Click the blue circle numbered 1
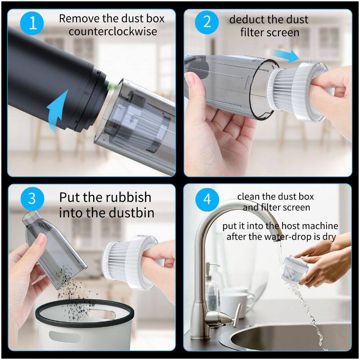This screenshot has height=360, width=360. (x=32, y=23)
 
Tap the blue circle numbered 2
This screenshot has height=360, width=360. (x=207, y=22)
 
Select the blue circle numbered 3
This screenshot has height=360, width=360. (x=32, y=198)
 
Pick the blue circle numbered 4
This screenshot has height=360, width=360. (x=207, y=199)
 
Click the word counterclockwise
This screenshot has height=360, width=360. (x=113, y=31)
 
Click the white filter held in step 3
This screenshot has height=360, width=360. (x=130, y=261)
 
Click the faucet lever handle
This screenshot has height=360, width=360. (x=237, y=314)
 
